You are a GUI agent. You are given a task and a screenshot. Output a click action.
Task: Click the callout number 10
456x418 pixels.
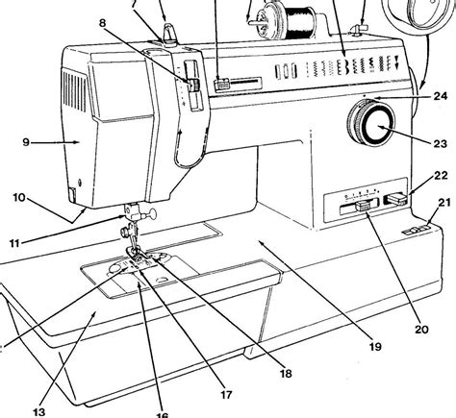point(18,197)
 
